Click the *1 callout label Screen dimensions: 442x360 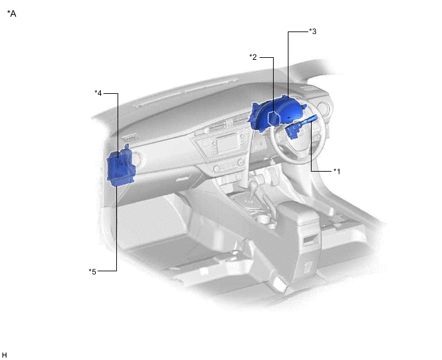[337, 171]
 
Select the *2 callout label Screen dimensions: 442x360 [253, 57]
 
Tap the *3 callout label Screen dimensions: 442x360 [313, 32]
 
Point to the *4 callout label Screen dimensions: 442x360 [98, 93]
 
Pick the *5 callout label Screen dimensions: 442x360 [93, 272]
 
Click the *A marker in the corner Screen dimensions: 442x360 [12, 14]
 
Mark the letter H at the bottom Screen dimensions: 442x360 [4, 355]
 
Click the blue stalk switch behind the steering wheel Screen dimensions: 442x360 [301, 126]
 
